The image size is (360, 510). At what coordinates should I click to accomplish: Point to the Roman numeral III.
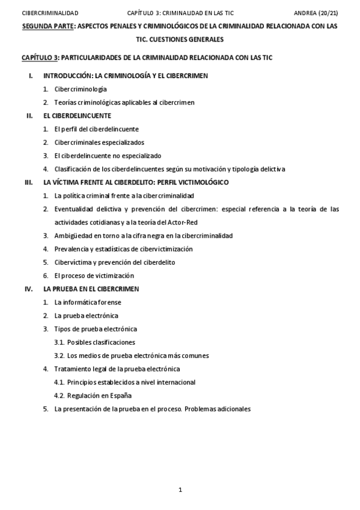(x=28, y=182)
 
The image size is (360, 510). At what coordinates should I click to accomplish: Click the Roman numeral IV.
(x=28, y=289)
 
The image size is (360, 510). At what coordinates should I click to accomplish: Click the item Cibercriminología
(x=81, y=88)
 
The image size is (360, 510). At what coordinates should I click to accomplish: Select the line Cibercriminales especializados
(x=99, y=142)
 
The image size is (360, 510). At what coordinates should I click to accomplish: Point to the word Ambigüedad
(x=73, y=235)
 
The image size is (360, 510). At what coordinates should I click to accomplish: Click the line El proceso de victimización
(x=94, y=275)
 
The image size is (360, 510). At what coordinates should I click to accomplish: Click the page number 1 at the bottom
(x=180, y=490)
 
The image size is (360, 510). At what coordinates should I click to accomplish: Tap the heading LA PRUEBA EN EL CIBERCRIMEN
(x=91, y=289)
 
